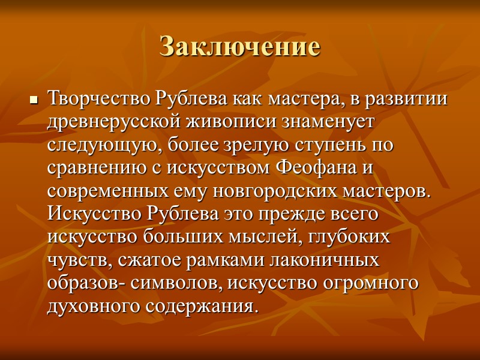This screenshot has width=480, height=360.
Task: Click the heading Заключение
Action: click(x=240, y=46)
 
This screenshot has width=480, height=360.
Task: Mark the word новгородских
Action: click(x=272, y=192)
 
